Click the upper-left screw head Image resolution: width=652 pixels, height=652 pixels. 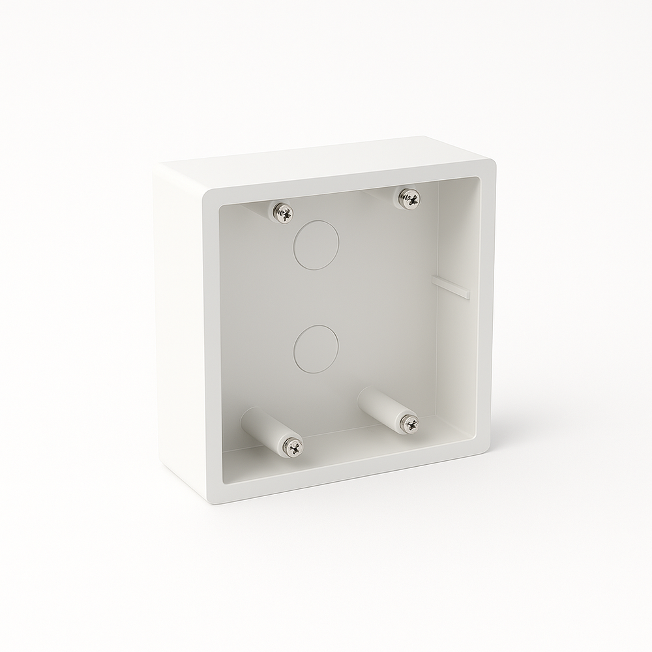[283, 213]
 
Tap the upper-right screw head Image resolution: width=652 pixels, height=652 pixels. [409, 198]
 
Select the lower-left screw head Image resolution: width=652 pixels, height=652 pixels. [293, 447]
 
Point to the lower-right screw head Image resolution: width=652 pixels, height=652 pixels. [410, 424]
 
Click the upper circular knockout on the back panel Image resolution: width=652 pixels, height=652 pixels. [316, 245]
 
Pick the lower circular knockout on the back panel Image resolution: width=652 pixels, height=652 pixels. [316, 349]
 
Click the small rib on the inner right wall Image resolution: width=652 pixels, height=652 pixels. [451, 288]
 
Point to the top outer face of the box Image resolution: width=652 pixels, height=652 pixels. [326, 159]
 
